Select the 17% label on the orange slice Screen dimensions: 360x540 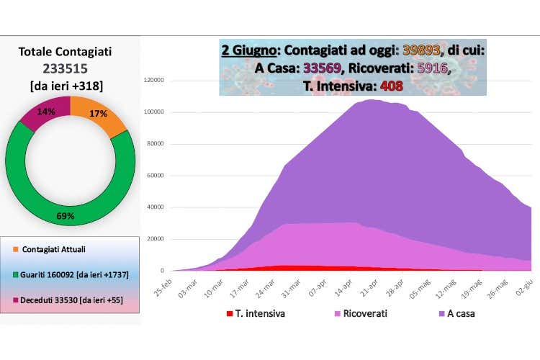[99, 113]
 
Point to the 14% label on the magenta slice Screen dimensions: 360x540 [45, 112]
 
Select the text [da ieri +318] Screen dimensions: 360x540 [70, 86]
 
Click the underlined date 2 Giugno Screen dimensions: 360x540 [249, 51]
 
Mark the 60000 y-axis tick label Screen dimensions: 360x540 [158, 176]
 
